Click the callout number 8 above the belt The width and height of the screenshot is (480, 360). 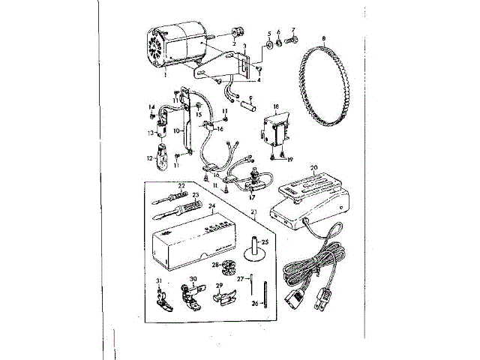(x=323, y=37)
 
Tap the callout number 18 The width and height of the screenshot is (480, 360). (x=275, y=107)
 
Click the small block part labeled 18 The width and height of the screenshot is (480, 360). (x=275, y=133)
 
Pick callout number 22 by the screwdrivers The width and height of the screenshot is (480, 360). (x=181, y=185)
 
